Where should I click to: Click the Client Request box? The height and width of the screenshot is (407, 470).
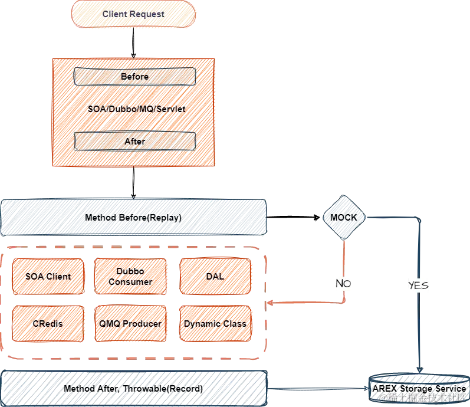point(134,14)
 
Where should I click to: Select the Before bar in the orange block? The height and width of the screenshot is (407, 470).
point(134,77)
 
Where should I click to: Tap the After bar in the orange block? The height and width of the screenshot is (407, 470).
point(134,141)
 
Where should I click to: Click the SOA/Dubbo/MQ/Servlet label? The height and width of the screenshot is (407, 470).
point(135,109)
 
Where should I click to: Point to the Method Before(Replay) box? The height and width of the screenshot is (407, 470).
point(133,218)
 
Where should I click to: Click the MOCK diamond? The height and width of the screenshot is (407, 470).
point(343,218)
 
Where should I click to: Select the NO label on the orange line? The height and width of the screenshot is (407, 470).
point(343,284)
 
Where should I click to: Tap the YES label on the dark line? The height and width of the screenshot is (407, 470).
point(418,285)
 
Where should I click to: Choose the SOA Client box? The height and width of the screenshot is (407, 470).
point(48,276)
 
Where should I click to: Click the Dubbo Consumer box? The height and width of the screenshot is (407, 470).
point(130,276)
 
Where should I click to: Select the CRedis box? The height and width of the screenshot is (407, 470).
point(48,323)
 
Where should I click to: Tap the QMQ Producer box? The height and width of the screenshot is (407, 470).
point(130,323)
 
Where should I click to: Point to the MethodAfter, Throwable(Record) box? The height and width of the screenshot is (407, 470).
point(133,388)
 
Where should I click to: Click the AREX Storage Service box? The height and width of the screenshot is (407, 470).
point(419,386)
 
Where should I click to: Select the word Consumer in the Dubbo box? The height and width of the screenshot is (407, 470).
point(130,282)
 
